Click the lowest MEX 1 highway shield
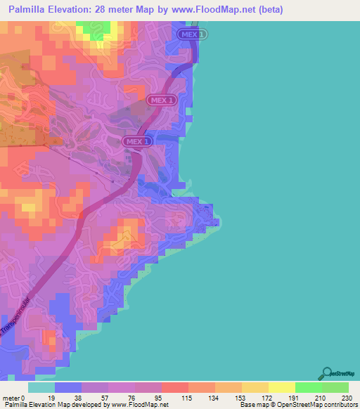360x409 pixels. coord(138,141)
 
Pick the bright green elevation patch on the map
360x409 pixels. coord(89,29)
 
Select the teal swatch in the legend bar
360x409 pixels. coord(41,387)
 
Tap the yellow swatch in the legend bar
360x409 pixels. coord(282,387)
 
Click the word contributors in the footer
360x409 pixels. coord(337,405)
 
